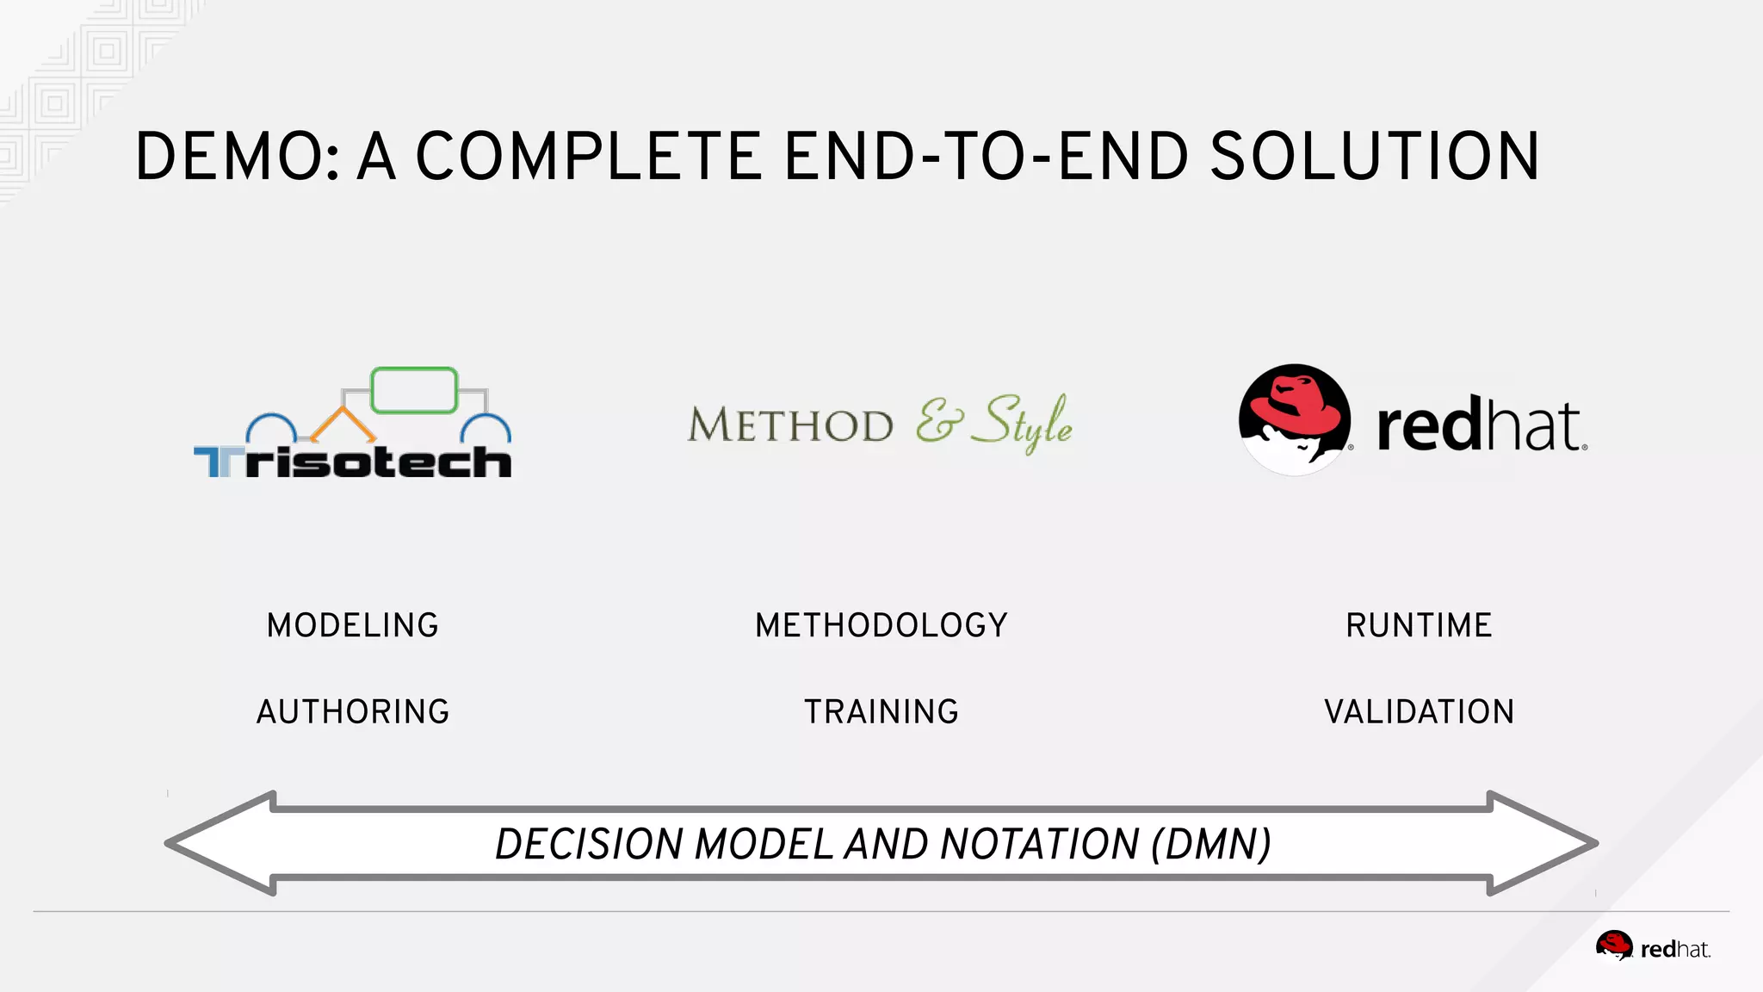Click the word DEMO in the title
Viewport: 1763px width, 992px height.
(237, 157)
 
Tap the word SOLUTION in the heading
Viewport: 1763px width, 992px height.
(1374, 157)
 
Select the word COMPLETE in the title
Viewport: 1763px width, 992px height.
(589, 157)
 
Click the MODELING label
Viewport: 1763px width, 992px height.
(353, 625)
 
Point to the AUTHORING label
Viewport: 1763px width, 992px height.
(353, 712)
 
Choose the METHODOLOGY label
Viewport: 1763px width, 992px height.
(881, 625)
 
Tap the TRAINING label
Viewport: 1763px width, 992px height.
(881, 712)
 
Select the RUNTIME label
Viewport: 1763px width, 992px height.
(1419, 625)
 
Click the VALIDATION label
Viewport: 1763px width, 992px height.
(1419, 712)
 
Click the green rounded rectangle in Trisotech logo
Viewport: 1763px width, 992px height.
(414, 390)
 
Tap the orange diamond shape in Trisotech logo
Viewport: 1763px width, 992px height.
(343, 425)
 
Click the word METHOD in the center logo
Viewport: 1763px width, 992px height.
(790, 425)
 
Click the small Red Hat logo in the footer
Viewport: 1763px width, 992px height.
(1653, 947)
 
